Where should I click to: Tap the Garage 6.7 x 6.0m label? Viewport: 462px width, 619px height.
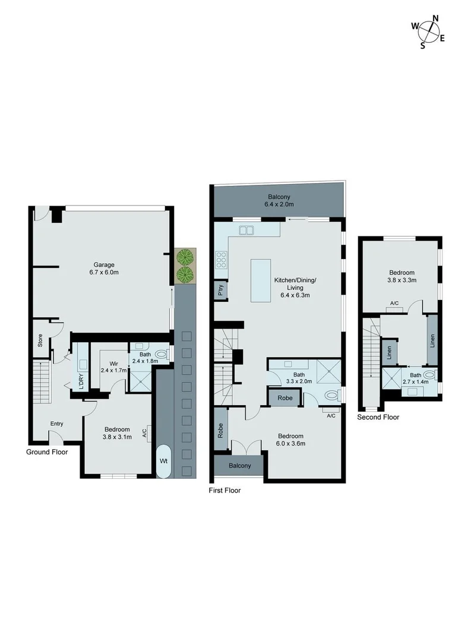[103, 269]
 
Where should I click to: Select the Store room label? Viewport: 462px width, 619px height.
[40, 341]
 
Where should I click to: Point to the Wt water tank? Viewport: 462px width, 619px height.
[163, 460]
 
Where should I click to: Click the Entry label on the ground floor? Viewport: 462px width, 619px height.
[56, 424]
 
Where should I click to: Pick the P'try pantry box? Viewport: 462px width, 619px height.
[220, 290]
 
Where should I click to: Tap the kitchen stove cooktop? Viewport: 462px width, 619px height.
[221, 260]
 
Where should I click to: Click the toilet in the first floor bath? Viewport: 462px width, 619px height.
[334, 394]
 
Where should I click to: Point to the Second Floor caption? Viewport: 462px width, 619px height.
[378, 417]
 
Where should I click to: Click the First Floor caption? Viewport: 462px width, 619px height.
[224, 491]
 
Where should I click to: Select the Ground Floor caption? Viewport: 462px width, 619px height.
[47, 452]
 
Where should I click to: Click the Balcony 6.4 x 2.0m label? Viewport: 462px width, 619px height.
[279, 201]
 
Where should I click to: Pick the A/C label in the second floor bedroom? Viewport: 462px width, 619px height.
[394, 304]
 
